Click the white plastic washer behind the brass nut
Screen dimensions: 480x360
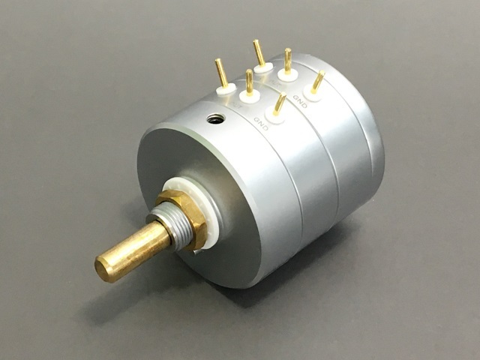click(196, 208)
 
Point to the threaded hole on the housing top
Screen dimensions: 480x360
click(216, 118)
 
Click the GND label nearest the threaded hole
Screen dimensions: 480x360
click(261, 123)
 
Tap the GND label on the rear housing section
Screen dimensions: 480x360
click(300, 101)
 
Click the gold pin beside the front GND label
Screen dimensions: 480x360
click(280, 103)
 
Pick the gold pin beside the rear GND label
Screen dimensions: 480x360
click(317, 82)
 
